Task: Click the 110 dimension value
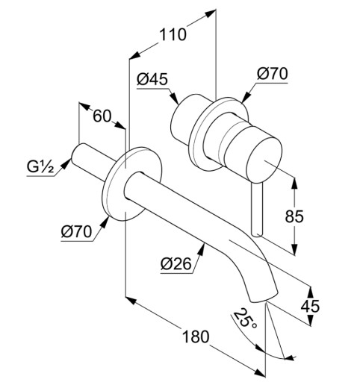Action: coord(173,34)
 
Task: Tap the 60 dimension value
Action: coord(102,116)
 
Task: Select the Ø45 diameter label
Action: coord(152,79)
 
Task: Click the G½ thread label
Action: coord(40,167)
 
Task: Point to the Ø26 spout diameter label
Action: coord(176,263)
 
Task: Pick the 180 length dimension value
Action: coord(196,336)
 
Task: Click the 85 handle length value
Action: coord(294,216)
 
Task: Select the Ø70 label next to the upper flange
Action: coord(273,74)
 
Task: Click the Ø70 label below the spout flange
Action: coord(76,232)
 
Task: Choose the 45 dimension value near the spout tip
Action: coord(310,306)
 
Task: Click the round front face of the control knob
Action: coord(264,160)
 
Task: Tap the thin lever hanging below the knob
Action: coord(257,209)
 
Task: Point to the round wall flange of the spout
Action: coord(132,184)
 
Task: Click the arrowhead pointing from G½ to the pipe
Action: coord(65,164)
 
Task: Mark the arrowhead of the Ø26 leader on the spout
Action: coord(202,249)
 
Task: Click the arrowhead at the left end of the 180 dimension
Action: coord(131,301)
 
